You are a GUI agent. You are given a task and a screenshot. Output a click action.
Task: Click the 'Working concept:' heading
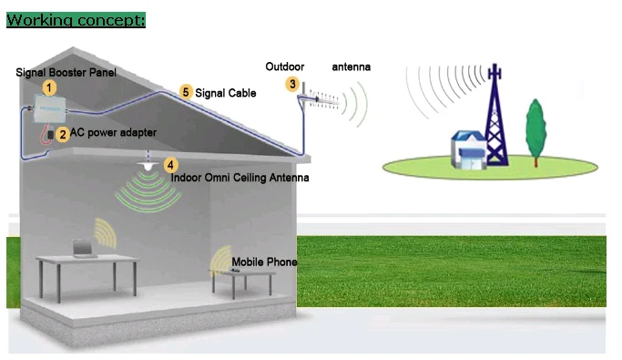[76, 19]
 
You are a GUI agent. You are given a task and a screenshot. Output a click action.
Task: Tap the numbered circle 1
[50, 87]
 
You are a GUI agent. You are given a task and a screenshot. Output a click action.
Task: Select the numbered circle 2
[62, 134]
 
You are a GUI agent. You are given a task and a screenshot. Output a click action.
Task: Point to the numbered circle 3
[292, 84]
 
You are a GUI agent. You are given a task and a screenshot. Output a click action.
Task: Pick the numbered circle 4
[168, 164]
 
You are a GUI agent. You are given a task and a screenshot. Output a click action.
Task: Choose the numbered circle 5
[186, 92]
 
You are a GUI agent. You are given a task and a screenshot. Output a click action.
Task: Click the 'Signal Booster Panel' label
[66, 72]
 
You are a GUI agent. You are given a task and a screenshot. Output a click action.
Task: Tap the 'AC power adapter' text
[113, 133]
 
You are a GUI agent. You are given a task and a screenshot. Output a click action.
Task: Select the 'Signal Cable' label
[225, 93]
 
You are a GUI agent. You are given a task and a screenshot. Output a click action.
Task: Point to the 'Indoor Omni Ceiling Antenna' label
[240, 178]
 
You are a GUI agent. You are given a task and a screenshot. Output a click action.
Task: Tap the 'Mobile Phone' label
[264, 262]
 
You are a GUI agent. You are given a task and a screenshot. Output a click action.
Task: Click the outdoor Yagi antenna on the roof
[320, 97]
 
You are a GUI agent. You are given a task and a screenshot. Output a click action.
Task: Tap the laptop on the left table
[85, 247]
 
